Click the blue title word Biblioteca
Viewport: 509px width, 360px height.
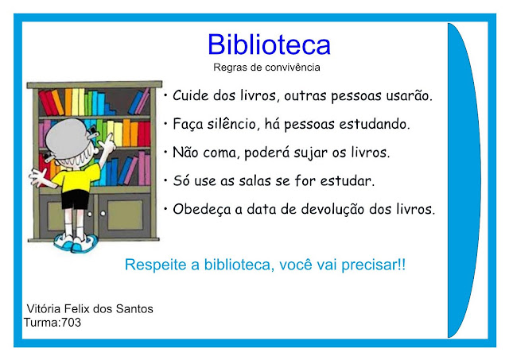click(x=269, y=44)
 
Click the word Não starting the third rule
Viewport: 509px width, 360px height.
click(x=185, y=152)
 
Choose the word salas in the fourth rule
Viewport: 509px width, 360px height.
click(x=254, y=180)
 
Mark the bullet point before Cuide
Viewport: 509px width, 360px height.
click(x=165, y=95)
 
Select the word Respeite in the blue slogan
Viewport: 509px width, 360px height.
click(x=156, y=265)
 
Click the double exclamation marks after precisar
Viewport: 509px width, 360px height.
click(x=402, y=265)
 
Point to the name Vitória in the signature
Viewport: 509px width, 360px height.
click(x=44, y=308)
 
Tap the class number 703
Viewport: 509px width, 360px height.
click(x=71, y=323)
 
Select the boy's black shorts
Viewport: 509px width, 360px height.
click(x=75, y=199)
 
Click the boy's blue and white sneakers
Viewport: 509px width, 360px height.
click(x=76, y=242)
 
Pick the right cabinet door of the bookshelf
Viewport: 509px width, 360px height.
click(x=124, y=215)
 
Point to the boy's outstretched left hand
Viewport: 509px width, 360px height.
click(x=37, y=177)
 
